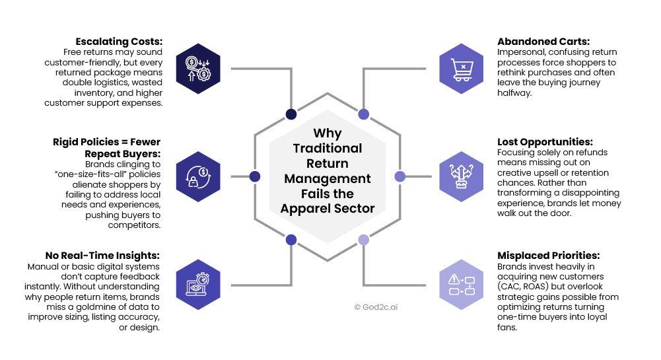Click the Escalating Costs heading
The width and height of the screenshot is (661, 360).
[119, 42]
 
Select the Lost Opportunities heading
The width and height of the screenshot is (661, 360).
[545, 142]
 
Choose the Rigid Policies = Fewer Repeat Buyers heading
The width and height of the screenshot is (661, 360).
[107, 147]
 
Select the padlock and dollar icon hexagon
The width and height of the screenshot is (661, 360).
[198, 176]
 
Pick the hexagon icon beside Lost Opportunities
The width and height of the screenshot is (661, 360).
[462, 176]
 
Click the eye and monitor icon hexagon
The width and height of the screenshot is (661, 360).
[198, 285]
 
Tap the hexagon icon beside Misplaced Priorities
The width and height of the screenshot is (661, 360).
[462, 285]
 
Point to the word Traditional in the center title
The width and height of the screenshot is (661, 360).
[328, 148]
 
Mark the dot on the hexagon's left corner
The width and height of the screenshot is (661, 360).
[255, 176]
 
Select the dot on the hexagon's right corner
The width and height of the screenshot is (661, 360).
[400, 176]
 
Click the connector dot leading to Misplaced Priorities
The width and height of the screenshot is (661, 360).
[363, 240]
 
